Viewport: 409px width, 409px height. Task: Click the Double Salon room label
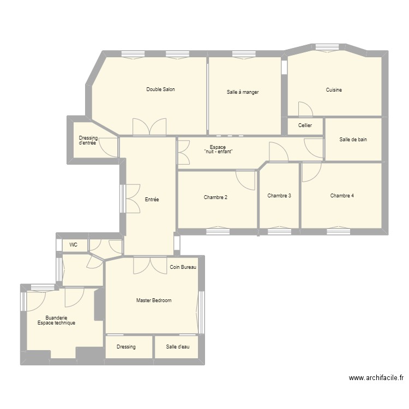tap(160, 89)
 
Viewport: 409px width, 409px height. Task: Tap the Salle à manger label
tap(243, 92)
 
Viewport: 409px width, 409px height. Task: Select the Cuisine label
tap(334, 90)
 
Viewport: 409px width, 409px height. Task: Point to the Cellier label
tap(305, 125)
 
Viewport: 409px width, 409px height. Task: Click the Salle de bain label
tap(353, 140)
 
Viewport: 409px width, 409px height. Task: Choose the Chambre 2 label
tap(215, 197)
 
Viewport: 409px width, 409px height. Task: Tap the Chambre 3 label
tap(279, 195)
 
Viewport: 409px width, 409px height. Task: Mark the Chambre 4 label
tap(342, 195)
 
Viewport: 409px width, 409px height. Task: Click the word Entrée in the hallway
tap(152, 200)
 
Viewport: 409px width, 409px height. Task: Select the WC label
tap(73, 245)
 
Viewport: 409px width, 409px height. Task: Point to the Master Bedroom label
tap(154, 300)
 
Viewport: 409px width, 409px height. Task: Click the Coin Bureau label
tap(183, 267)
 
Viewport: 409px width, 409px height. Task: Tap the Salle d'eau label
tap(178, 347)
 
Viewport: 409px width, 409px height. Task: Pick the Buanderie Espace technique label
tap(56, 320)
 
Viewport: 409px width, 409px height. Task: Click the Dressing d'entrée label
tap(88, 140)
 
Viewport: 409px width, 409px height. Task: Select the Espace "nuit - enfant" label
tap(218, 149)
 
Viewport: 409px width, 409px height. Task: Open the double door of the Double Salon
tap(149, 127)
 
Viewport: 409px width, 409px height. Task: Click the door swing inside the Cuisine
tap(305, 109)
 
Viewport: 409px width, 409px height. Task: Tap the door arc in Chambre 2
tap(246, 180)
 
